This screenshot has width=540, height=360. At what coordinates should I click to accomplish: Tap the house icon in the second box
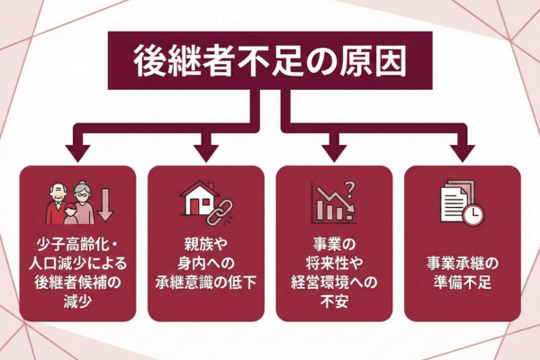tap(202, 198)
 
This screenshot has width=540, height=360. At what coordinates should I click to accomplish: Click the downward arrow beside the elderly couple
tap(106, 205)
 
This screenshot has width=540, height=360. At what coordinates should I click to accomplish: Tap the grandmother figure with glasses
tap(84, 205)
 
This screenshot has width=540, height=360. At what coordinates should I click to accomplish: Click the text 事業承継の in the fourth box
tap(462, 265)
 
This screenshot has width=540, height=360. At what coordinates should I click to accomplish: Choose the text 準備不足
tap(462, 285)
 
